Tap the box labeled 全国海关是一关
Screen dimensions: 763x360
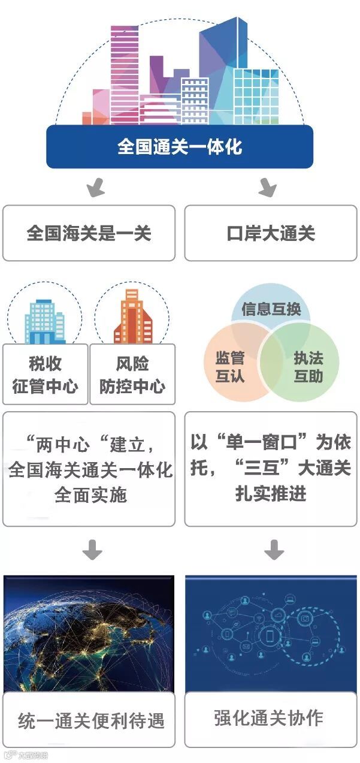coord(89,233)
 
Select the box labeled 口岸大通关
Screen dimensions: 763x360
coord(271,233)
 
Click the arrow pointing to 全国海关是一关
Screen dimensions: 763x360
coord(95,188)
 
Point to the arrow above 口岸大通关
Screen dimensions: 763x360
coord(267,188)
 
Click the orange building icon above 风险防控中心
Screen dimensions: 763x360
coord(132,318)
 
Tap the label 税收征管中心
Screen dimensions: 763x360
coord(45,375)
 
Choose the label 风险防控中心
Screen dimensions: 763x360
coord(132,375)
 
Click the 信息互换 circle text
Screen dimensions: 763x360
coord(271,310)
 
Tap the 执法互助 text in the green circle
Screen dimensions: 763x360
coord(308,367)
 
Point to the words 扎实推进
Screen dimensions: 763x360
coord(271,493)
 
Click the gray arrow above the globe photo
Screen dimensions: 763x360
coord(92,550)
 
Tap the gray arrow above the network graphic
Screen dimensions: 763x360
coord(274,550)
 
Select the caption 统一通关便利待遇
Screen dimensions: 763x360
coord(91,720)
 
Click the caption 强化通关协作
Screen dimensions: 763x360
coord(268,717)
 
